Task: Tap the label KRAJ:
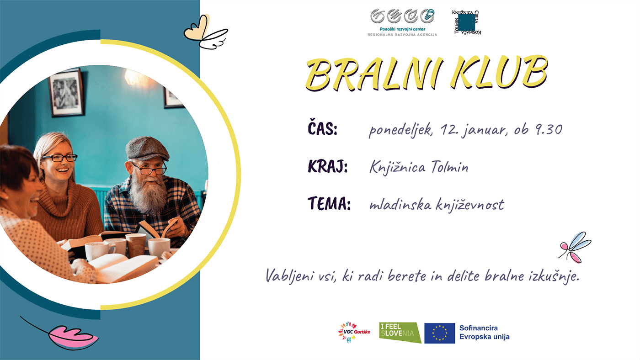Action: tap(328, 167)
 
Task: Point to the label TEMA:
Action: tap(329, 204)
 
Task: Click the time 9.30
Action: tap(547, 130)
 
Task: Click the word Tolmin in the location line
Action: tap(449, 167)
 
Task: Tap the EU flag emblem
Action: tap(439, 333)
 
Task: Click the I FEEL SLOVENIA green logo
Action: tap(400, 333)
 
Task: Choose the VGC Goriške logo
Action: tap(354, 333)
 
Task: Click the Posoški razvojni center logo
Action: tap(402, 22)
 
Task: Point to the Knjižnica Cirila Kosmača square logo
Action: tap(467, 22)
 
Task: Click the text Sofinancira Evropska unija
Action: tap(484, 333)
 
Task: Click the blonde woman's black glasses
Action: tap(59, 158)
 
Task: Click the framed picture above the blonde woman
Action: tap(67, 93)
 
